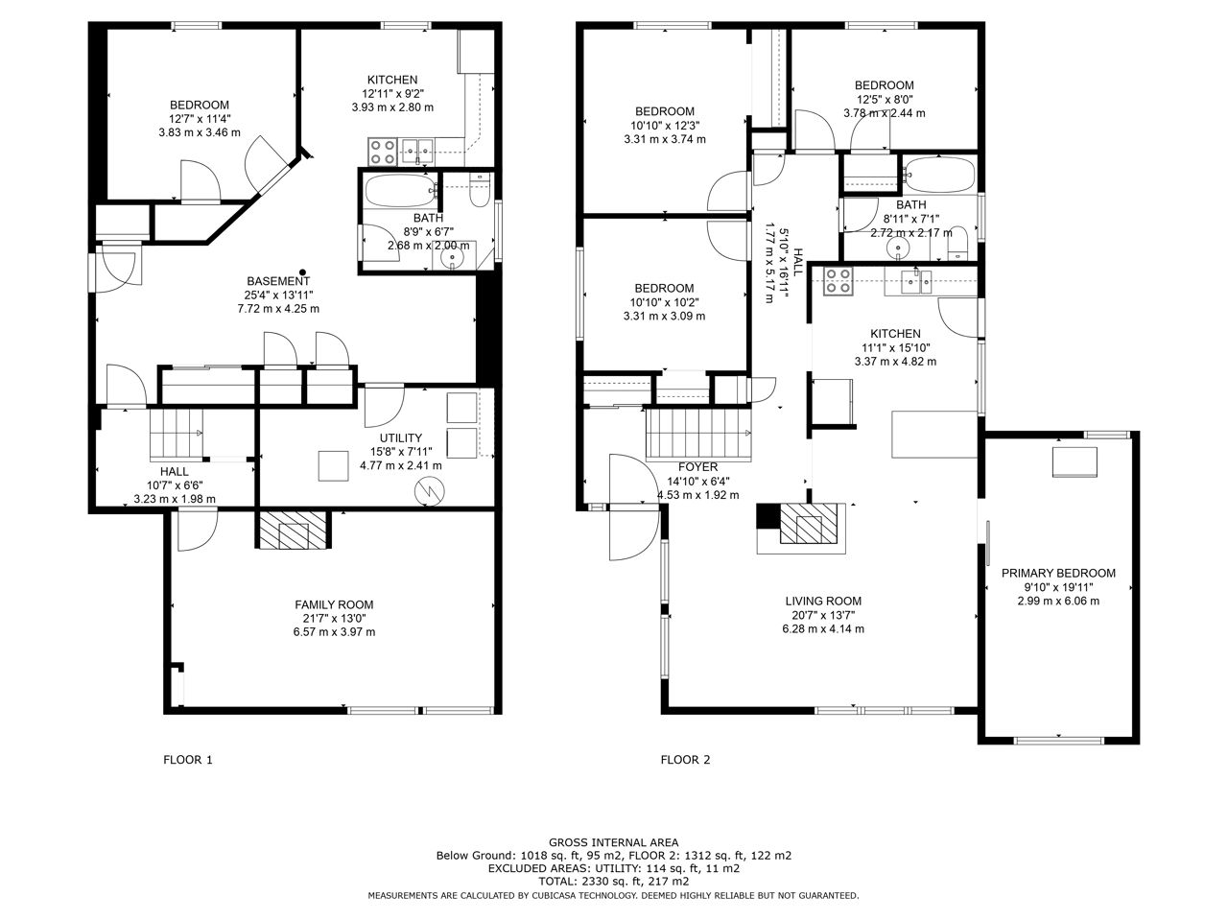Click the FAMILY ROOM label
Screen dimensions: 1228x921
(x=334, y=604)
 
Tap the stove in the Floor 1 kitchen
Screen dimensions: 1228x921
(x=383, y=152)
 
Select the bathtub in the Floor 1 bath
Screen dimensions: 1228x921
(x=401, y=191)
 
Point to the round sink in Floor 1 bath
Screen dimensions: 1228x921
(x=450, y=257)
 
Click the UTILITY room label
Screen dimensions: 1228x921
(x=401, y=437)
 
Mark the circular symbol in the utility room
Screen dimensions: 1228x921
(x=429, y=491)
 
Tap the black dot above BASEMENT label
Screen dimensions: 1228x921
(x=302, y=272)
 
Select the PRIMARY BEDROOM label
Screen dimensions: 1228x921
(x=1058, y=573)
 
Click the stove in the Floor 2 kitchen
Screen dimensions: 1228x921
(x=838, y=281)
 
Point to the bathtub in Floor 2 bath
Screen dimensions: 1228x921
(x=940, y=175)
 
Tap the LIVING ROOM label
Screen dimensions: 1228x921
(x=823, y=602)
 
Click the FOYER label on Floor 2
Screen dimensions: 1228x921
(x=697, y=467)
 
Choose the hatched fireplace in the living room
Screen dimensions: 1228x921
(x=810, y=524)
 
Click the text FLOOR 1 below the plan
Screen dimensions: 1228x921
(x=188, y=760)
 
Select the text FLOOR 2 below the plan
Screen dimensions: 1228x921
(x=685, y=760)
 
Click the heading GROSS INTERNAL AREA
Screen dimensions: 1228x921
(x=614, y=842)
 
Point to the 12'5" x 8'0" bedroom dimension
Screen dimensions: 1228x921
(x=884, y=99)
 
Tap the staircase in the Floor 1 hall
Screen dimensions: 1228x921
(x=177, y=435)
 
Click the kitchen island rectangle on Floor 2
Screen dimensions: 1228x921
(x=934, y=435)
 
